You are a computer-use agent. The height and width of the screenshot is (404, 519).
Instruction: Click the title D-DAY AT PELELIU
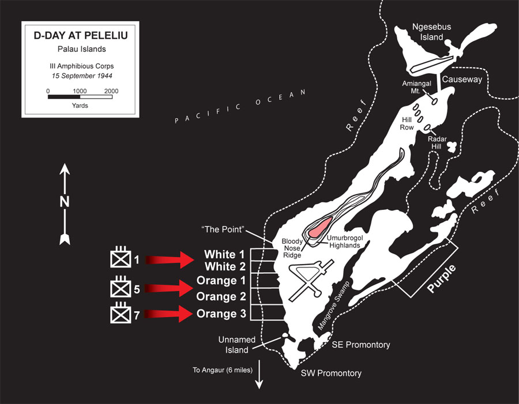81,35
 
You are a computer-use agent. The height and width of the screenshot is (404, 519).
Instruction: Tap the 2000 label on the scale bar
111,91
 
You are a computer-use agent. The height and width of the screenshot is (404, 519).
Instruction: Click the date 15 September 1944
82,75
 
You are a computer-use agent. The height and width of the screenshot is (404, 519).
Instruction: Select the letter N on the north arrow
65,202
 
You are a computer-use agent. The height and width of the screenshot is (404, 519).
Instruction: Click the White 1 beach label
224,254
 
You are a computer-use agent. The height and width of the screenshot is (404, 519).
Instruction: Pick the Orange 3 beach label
221,314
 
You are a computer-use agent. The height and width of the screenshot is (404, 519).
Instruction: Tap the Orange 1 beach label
221,281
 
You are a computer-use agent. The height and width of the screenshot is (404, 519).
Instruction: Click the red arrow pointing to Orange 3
169,314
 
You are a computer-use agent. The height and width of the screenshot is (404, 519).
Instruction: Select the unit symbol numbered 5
121,287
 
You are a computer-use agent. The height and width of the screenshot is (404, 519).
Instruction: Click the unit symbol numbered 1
121,257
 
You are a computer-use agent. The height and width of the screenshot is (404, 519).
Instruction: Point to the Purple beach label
442,278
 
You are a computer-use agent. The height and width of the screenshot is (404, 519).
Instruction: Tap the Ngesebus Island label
431,32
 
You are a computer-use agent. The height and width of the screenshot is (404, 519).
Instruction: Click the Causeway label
462,80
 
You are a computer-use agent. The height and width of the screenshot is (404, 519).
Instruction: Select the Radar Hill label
437,142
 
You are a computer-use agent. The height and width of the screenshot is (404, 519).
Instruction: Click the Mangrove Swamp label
334,305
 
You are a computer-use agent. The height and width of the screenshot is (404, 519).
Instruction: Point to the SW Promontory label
331,373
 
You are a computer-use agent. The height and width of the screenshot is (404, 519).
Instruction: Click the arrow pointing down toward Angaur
259,374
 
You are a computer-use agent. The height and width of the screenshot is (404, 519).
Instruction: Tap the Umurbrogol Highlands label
345,241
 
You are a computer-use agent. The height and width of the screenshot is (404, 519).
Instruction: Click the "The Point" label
223,229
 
